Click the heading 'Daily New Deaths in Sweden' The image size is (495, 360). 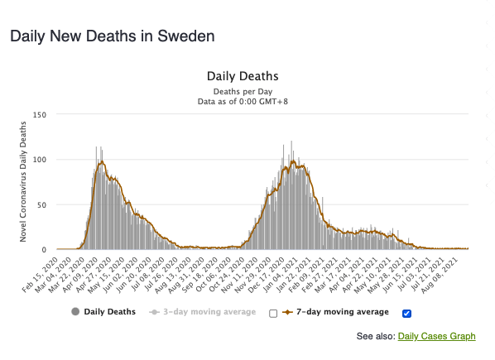pyautogui.click(x=113, y=36)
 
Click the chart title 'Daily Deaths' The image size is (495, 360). pyautogui.click(x=243, y=76)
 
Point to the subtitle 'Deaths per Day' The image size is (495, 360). pyautogui.click(x=243, y=92)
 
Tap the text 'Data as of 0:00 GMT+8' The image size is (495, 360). pyautogui.click(x=243, y=102)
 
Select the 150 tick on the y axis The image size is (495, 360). pyautogui.click(x=40, y=115)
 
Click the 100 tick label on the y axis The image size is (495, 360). pyautogui.click(x=40, y=160)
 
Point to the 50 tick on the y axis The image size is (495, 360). pyautogui.click(x=42, y=205)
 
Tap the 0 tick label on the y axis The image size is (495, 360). pyautogui.click(x=44, y=250)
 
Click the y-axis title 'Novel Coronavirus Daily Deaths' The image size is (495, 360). pyautogui.click(x=22, y=182)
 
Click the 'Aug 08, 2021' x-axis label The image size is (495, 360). pyautogui.click(x=440, y=274)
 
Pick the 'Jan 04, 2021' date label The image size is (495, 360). pyautogui.click(x=281, y=274)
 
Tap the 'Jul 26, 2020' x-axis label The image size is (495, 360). pyautogui.click(x=161, y=274)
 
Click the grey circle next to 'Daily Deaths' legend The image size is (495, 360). pyautogui.click(x=75, y=312)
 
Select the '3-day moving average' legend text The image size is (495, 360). pyautogui.click(x=209, y=312)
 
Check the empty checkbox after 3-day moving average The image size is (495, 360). pyautogui.click(x=273, y=314)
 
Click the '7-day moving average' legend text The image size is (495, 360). pyautogui.click(x=343, y=312)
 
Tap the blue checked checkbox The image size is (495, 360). pyautogui.click(x=407, y=314)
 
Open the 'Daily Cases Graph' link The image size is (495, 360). pyautogui.click(x=436, y=336)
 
